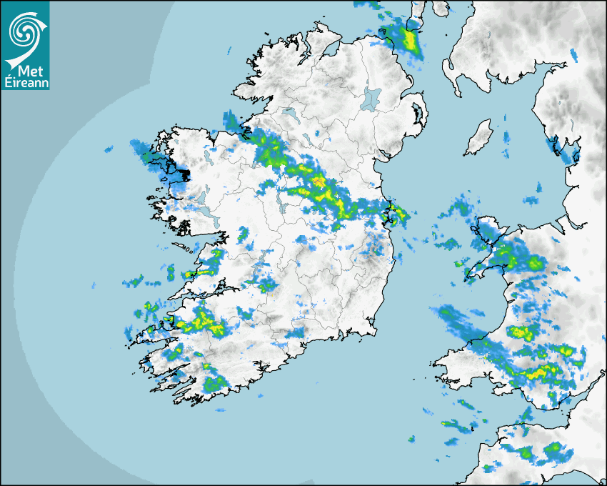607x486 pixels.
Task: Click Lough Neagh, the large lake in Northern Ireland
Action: coord(371,98)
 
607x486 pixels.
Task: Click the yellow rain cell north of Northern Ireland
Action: coord(409,39)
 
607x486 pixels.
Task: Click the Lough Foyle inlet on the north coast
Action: coord(328,50)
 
